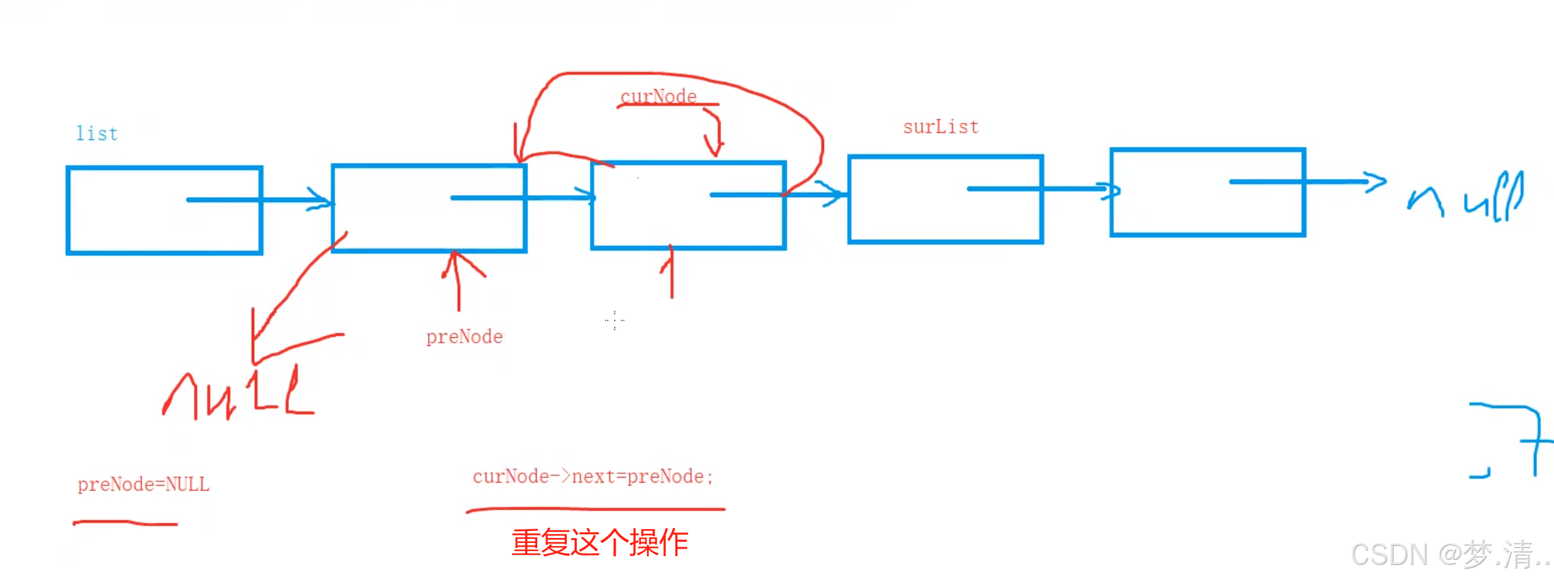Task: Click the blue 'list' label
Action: (97, 134)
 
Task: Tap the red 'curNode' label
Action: (658, 97)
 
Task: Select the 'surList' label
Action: (940, 127)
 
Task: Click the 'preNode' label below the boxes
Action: (464, 337)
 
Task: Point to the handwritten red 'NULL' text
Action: (238, 395)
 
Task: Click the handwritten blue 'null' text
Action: (1466, 198)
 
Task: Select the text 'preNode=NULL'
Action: (143, 485)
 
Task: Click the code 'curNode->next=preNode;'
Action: (592, 477)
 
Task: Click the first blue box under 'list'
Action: (164, 210)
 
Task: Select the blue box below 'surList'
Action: (945, 199)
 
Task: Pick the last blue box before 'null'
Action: (1208, 192)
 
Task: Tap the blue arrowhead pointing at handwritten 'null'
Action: (1374, 181)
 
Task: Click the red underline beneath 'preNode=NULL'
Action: (126, 523)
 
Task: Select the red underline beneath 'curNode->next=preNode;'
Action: (595, 510)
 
